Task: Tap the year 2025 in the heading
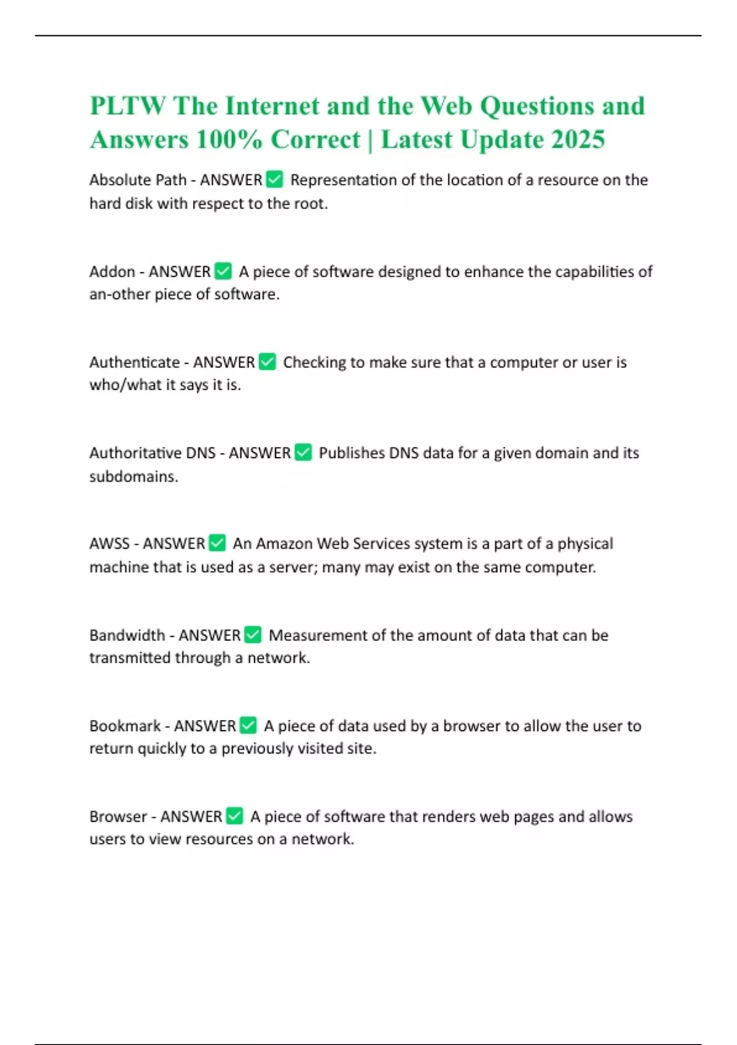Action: coord(578,140)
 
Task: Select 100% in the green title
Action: coord(229,140)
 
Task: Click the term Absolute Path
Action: coord(138,180)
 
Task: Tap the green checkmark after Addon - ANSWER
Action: coord(223,271)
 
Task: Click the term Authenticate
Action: coord(135,363)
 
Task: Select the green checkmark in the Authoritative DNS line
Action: coord(303,453)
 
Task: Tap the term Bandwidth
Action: coord(127,635)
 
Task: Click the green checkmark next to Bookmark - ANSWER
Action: coord(248,726)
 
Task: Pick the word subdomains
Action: coord(133,477)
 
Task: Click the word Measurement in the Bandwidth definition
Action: coord(318,635)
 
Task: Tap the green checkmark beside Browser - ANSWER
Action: coord(235,816)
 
